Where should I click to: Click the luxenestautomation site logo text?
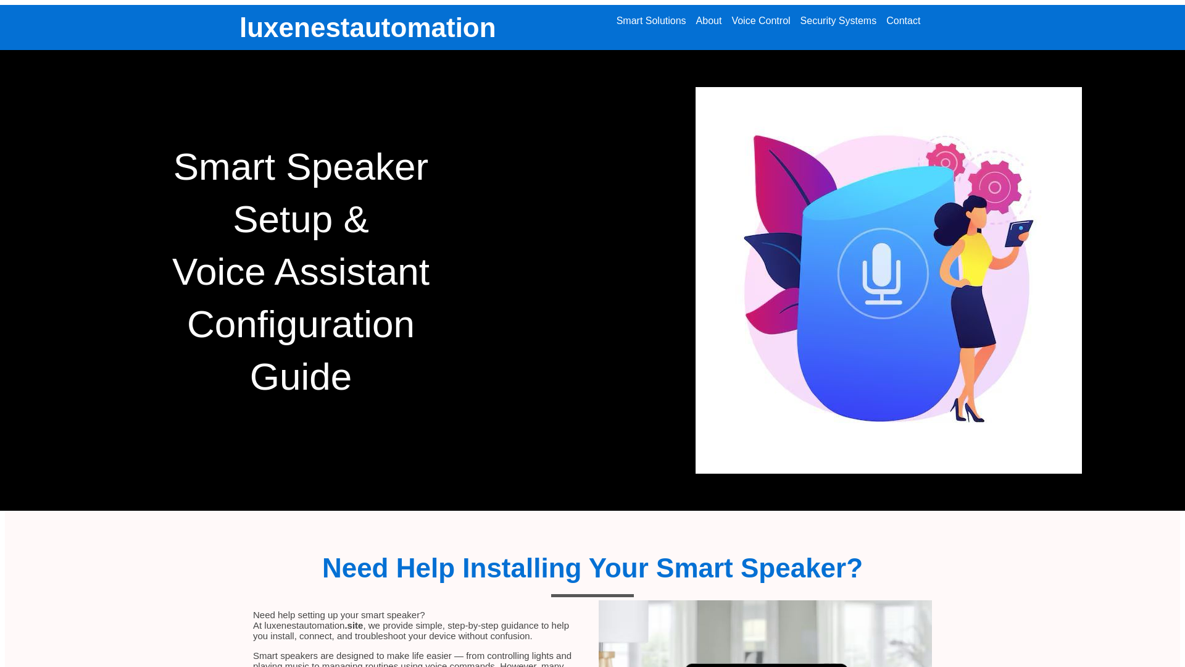(367, 28)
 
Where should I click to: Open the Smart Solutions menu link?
(651, 21)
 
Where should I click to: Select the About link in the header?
(709, 21)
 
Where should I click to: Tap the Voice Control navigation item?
(760, 21)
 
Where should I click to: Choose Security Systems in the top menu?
(838, 21)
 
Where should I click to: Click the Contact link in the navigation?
(903, 21)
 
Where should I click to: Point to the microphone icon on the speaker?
(883, 274)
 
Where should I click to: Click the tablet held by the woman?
(1019, 234)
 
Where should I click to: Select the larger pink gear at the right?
(994, 187)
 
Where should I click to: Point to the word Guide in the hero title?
(301, 377)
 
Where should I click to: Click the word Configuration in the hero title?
(301, 325)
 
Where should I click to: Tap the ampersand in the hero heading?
(356, 220)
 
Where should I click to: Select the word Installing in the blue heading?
(522, 568)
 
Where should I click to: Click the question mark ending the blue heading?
(854, 568)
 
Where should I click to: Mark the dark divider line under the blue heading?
(592, 595)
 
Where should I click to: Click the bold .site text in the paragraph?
(354, 626)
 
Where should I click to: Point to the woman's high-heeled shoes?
(968, 412)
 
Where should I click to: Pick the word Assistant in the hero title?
(352, 272)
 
